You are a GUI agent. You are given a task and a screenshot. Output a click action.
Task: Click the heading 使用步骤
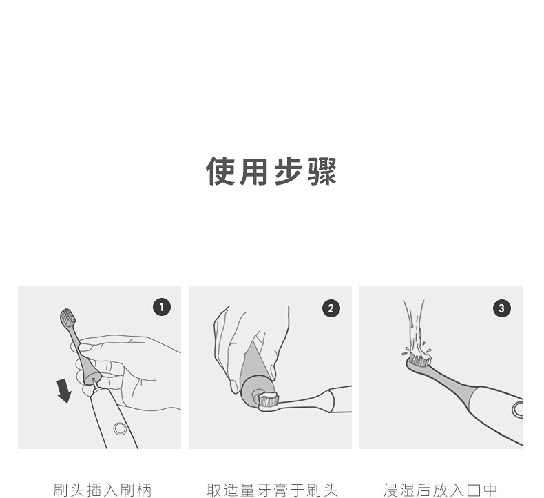coord(271,171)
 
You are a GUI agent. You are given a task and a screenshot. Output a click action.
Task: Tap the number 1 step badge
coord(162,307)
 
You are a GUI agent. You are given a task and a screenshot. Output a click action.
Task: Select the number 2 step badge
coord(331,308)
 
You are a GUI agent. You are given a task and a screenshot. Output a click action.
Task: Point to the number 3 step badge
coord(502,308)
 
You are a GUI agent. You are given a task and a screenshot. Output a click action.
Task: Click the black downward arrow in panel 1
coord(64,391)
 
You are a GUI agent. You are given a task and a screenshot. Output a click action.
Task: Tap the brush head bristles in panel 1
coord(67,317)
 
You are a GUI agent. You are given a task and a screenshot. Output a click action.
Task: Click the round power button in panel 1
coord(120,429)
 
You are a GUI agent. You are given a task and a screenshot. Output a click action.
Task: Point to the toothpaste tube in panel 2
coord(257,372)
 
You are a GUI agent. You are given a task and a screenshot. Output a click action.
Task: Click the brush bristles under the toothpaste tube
coord(269,400)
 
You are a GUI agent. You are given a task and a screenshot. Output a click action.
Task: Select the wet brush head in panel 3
coord(419,361)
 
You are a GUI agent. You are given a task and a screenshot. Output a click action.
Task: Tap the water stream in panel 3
coord(415,327)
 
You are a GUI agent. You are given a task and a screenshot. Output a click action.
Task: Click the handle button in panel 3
coord(517,409)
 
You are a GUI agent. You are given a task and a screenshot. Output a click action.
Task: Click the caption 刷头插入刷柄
coord(103,490)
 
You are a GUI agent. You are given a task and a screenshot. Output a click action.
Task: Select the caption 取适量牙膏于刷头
coord(272,490)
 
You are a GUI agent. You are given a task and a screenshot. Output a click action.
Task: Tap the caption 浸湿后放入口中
coord(441,490)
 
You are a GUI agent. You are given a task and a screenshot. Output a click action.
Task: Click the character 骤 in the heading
coord(322,171)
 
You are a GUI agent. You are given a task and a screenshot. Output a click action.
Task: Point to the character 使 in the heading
coord(220,171)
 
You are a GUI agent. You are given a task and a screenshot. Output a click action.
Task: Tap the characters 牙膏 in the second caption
coord(272,490)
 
